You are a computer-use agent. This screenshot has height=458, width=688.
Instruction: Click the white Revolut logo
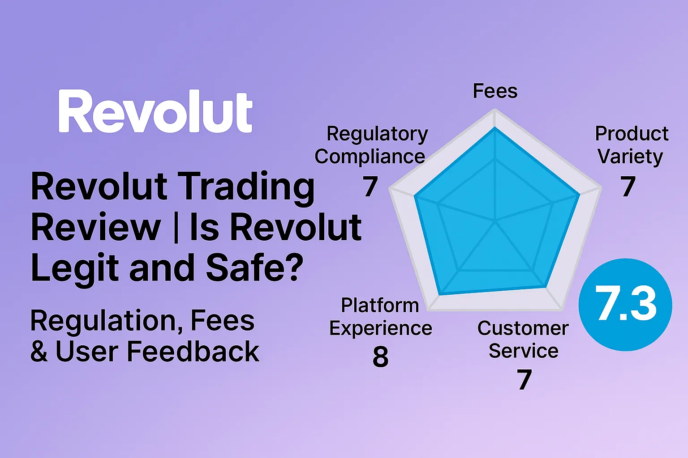pos(155,112)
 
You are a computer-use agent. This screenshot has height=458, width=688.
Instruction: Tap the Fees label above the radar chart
pos(495,91)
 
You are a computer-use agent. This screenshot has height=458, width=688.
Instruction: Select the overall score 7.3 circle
pos(625,305)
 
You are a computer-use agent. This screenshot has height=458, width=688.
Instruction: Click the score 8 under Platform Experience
pos(380,357)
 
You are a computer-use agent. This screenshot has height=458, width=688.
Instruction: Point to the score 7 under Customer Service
pos(524,380)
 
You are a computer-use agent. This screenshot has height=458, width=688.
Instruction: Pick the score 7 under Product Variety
pos(628,187)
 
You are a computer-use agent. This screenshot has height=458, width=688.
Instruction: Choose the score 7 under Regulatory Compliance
pos(370,187)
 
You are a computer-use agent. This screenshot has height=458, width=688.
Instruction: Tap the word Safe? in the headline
pos(254,267)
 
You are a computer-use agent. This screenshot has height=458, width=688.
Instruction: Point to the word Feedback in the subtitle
pos(193,352)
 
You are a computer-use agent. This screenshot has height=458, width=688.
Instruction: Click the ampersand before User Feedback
pos(39,352)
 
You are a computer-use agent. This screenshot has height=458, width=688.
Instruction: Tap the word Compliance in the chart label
pos(370,157)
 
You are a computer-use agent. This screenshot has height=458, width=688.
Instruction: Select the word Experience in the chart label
pos(380,328)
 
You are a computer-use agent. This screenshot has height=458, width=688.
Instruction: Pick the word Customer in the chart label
pos(523,328)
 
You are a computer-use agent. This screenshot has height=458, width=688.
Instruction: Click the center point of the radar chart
pos(495,221)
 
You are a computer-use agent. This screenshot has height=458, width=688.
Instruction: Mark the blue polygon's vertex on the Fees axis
pos(494,128)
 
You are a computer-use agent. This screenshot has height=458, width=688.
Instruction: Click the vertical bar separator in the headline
pos(175,227)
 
